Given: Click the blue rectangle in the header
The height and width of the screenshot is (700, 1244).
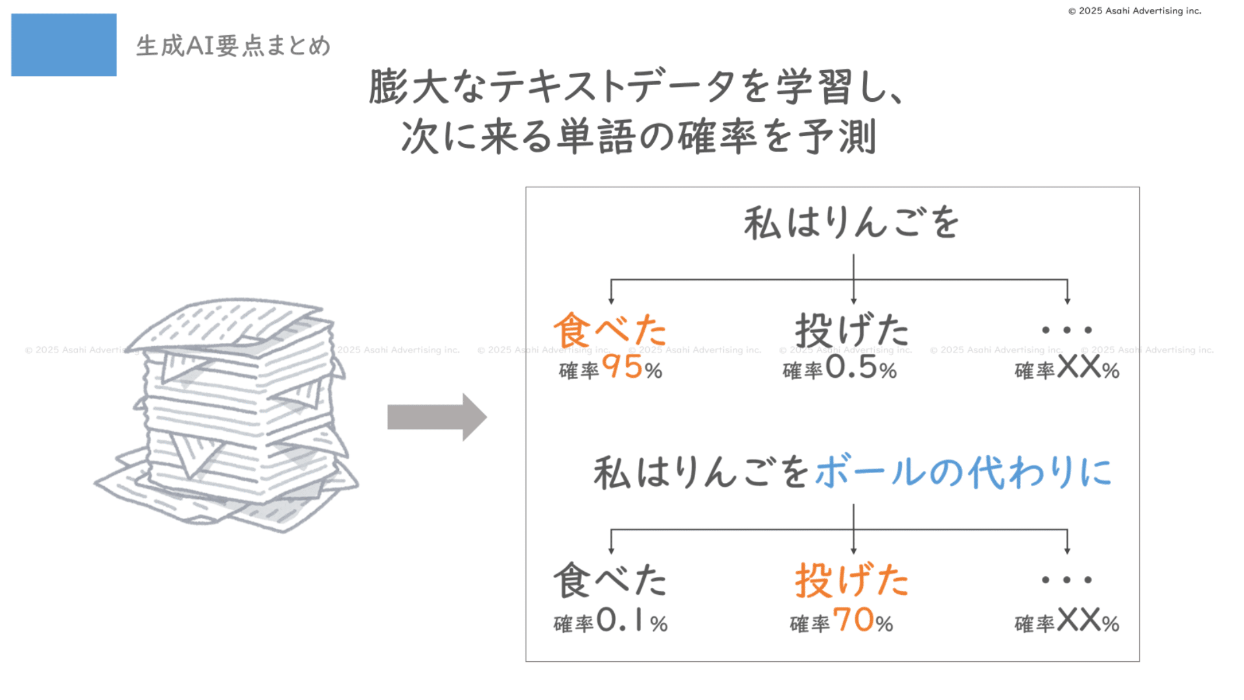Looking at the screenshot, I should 63,45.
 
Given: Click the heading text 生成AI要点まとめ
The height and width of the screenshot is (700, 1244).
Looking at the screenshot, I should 233,46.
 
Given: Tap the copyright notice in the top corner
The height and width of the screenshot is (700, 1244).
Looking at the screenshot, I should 1135,11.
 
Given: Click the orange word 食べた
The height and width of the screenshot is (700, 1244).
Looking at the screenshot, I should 610,330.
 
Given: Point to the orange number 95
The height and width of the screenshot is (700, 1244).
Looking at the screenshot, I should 623,367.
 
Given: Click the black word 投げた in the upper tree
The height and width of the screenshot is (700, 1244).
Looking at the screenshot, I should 852,330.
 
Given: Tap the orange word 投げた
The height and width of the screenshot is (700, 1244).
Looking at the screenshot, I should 852,580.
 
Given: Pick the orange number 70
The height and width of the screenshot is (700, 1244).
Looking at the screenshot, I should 854,620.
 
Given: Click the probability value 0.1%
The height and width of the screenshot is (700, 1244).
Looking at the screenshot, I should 632,621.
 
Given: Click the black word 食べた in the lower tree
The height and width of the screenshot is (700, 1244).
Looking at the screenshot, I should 610,580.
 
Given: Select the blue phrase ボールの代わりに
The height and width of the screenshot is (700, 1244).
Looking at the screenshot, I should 963,472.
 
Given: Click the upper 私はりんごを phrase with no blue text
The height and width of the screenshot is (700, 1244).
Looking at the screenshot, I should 851,223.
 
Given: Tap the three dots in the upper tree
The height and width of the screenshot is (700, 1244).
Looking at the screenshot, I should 1066,330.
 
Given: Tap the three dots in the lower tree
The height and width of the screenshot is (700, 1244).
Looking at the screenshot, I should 1066,580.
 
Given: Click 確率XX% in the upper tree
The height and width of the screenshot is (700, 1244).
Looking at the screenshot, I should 1066,369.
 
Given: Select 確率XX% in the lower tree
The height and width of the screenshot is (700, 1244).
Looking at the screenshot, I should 1066,622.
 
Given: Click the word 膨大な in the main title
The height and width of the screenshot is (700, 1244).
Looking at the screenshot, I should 428,87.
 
